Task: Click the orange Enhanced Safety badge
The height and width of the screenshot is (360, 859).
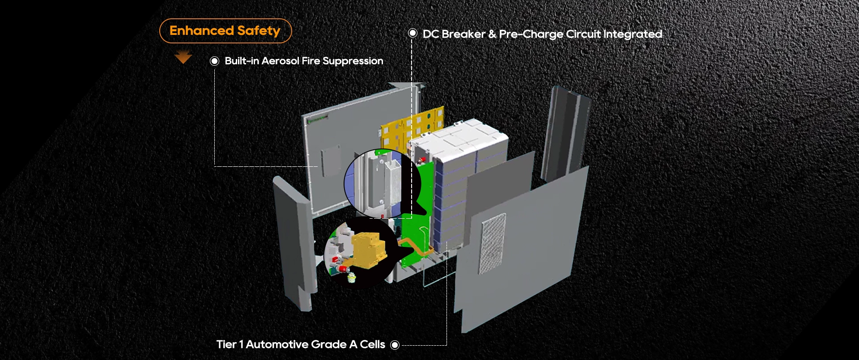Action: [225, 31]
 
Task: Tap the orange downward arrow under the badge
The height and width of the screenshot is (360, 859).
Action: [183, 57]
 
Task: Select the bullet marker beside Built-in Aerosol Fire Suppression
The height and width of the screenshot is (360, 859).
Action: [215, 61]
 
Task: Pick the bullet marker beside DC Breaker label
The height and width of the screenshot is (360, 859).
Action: [412, 34]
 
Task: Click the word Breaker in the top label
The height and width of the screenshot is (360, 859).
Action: [464, 34]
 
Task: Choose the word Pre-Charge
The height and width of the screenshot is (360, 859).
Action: [531, 34]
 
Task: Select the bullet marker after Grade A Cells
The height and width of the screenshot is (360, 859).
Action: [395, 345]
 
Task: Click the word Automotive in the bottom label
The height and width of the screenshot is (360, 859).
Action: [296, 344]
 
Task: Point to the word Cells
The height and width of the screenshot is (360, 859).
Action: [372, 344]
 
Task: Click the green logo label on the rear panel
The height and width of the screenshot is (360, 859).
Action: [317, 119]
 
